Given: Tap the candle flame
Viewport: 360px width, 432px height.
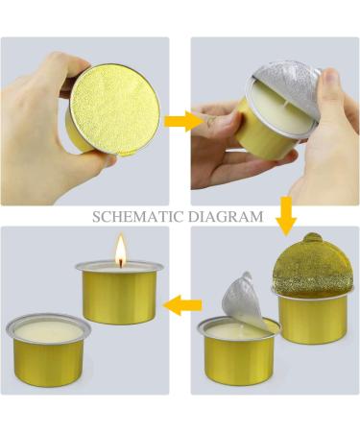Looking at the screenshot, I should [x=120, y=252].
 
